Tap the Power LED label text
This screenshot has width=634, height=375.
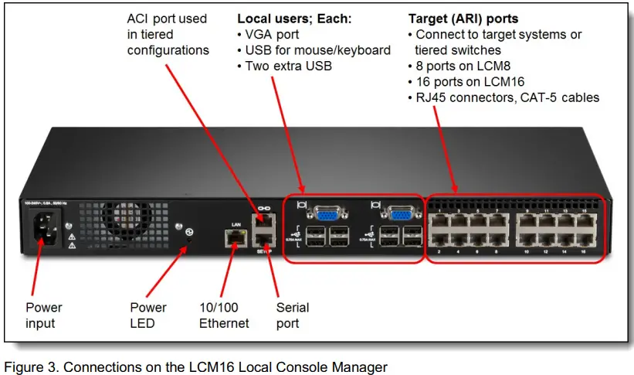click(148, 315)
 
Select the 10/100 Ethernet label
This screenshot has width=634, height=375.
click(223, 315)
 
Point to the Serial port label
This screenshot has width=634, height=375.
click(293, 315)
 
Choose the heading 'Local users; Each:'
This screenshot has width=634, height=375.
click(294, 19)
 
